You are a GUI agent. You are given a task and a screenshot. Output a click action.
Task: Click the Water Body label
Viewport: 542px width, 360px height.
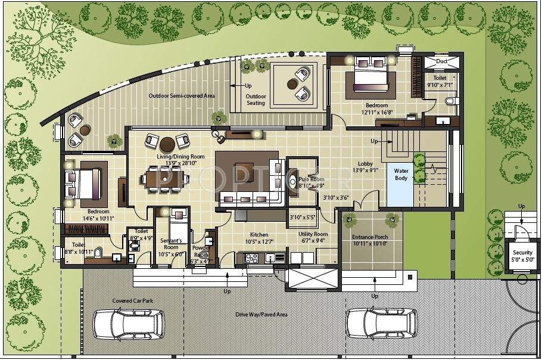coord(401,174)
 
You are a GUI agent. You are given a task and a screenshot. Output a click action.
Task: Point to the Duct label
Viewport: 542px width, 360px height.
coord(441,61)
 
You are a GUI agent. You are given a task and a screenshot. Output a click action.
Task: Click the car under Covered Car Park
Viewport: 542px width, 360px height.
coord(127,325)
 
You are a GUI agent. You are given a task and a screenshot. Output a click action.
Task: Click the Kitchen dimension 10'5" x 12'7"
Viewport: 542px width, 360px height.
coord(259,242)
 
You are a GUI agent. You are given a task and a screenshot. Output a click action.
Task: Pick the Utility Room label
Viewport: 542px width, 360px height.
coord(313,235)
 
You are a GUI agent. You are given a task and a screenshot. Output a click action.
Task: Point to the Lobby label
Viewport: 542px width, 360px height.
coord(366,163)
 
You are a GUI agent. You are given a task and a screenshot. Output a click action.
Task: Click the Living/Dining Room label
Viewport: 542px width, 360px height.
coord(180,157)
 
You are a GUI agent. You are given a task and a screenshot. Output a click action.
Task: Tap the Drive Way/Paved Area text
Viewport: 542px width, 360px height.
coord(261,314)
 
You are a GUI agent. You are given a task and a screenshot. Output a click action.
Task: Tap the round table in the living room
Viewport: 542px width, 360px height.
coord(167,143)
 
